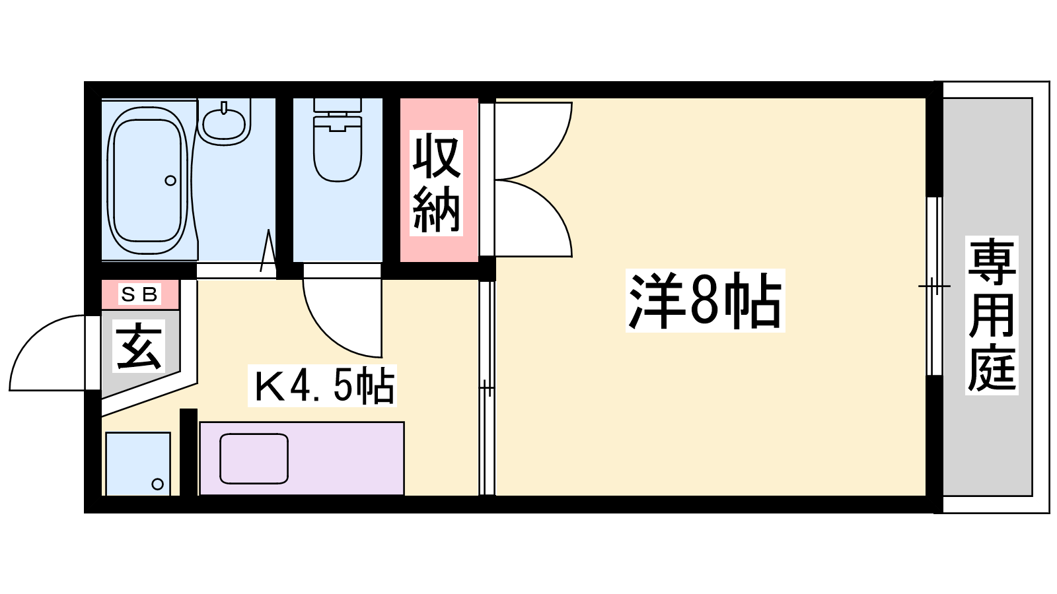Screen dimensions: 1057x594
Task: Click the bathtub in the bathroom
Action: [148, 180]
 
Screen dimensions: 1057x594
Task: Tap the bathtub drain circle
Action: [170, 180]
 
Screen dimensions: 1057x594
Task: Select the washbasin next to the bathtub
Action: [224, 121]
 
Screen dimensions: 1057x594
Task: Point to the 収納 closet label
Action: [436, 183]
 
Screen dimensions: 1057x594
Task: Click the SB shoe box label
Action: [139, 294]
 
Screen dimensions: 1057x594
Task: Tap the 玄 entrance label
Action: [139, 346]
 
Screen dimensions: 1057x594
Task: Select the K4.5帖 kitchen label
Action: [322, 385]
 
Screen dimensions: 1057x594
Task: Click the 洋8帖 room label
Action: [705, 300]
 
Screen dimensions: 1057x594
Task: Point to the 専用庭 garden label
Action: [991, 315]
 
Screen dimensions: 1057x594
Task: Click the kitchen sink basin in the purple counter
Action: [254, 459]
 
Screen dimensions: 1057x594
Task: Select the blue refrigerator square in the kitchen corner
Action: [138, 464]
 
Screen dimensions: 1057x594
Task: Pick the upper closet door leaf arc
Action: [553, 151]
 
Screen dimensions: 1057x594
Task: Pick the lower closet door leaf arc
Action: [553, 207]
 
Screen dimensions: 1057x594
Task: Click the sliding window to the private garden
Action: [934, 286]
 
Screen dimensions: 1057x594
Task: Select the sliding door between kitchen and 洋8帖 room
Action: [487, 387]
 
